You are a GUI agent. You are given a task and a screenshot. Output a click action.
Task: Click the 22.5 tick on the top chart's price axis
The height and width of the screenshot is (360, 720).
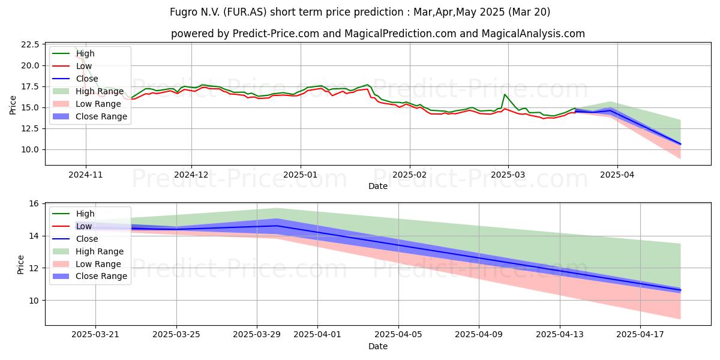tap(30, 44)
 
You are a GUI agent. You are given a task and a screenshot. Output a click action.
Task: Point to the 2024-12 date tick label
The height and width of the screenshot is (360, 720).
tap(191, 175)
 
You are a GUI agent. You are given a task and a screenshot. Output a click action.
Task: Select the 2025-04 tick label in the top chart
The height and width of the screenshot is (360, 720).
tap(617, 175)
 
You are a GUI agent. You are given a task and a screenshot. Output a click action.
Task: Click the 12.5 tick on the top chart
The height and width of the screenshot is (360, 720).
tap(30, 128)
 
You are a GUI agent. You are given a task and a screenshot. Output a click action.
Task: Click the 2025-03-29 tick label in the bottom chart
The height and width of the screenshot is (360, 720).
tap(257, 334)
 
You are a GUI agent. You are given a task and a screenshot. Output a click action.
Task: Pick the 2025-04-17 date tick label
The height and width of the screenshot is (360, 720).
tap(640, 334)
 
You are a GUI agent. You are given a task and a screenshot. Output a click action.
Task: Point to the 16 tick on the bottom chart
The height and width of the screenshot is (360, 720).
tap(34, 204)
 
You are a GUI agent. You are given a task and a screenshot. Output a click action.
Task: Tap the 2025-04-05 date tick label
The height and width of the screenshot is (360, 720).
tap(398, 334)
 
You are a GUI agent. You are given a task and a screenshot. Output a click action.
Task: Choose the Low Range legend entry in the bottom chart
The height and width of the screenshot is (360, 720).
tap(87, 264)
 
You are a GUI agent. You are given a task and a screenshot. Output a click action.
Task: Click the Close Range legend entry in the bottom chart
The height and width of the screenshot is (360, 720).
tap(89, 276)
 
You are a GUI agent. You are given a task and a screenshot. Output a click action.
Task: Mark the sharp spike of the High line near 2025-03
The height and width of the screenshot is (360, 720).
tap(505, 94)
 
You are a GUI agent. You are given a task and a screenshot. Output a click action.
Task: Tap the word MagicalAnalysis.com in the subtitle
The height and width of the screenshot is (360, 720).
tap(533, 34)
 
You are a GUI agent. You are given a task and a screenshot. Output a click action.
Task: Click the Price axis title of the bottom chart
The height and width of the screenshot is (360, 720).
tap(20, 265)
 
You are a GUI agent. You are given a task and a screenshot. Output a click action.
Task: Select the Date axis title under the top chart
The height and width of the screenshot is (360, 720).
tap(377, 186)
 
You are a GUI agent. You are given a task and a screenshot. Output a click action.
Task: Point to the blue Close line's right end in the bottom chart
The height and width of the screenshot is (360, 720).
tap(680, 290)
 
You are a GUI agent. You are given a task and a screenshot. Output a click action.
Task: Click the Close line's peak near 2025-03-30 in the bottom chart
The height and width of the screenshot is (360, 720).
tap(277, 226)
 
